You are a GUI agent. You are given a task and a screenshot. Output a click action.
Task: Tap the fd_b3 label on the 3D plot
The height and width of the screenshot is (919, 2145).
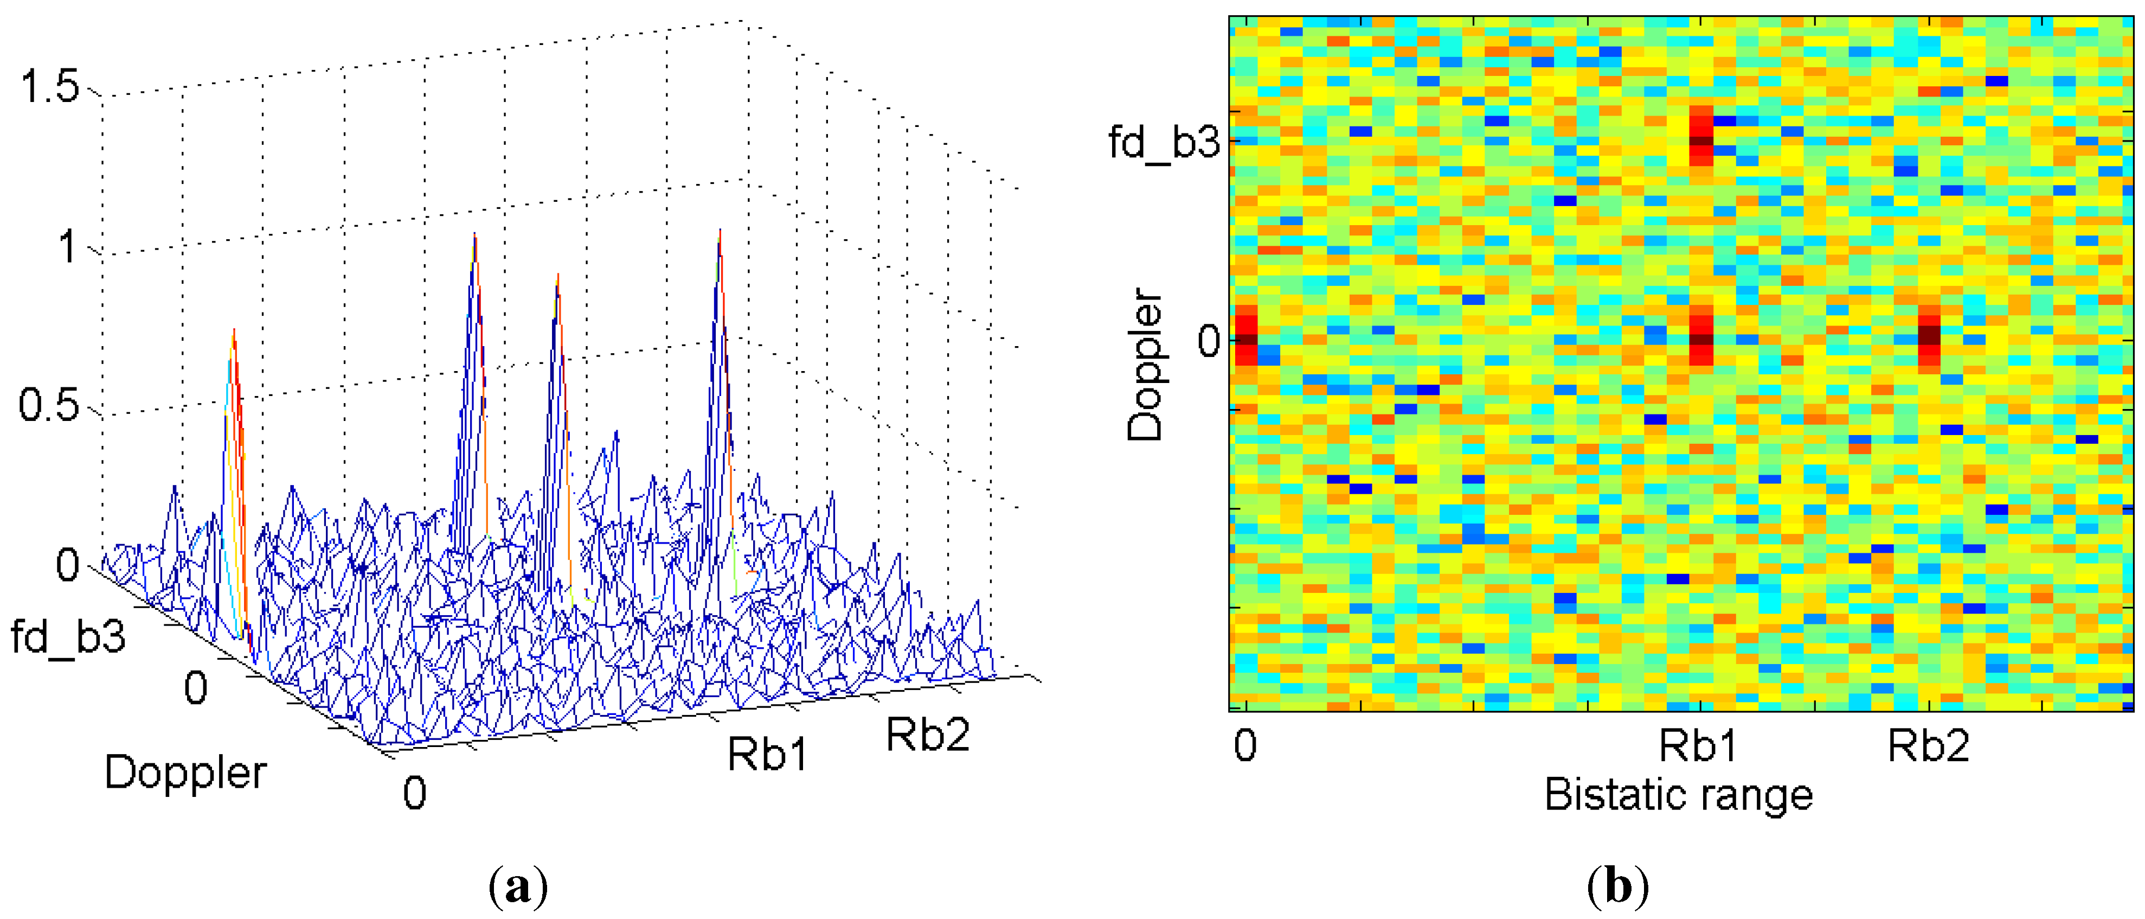pyautogui.click(x=68, y=636)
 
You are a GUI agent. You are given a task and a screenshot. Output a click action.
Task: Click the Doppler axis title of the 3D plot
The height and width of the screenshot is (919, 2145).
pyautogui.click(x=185, y=773)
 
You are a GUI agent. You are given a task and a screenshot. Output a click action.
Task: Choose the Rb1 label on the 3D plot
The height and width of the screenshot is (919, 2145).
pyautogui.click(x=767, y=754)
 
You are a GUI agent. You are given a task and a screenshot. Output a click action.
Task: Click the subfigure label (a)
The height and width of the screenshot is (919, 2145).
pyautogui.click(x=518, y=886)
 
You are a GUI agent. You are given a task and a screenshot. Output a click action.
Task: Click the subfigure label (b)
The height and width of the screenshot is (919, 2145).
pyautogui.click(x=1617, y=886)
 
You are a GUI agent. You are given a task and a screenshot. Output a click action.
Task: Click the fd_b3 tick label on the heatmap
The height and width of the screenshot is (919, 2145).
pyautogui.click(x=1163, y=142)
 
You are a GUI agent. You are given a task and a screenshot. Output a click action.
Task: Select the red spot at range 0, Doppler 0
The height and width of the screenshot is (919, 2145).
pyautogui.click(x=1245, y=336)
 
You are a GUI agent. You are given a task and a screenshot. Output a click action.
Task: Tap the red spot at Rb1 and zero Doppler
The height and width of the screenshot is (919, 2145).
pyautogui.click(x=1701, y=336)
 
